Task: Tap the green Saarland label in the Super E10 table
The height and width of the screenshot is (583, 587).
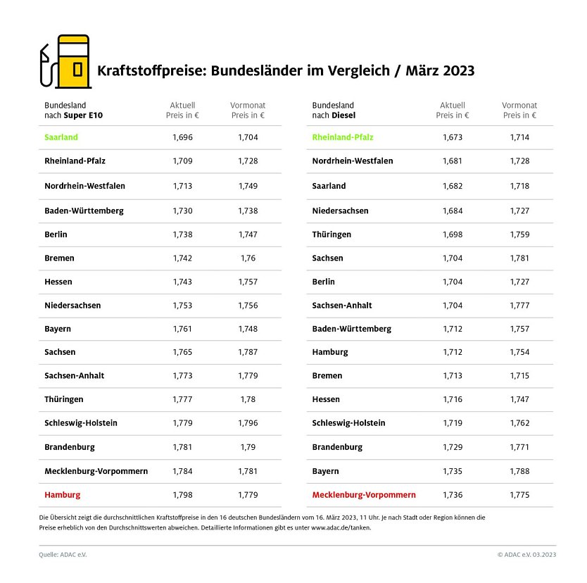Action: [x=61, y=137]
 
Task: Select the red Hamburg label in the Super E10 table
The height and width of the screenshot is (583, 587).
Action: [x=62, y=495]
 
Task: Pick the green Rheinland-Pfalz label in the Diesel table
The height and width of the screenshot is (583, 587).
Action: [x=343, y=137]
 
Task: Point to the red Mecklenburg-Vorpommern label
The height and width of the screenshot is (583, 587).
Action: [x=364, y=495]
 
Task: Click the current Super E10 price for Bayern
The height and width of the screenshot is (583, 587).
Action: [x=182, y=329]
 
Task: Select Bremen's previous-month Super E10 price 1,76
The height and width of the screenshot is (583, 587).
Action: [x=248, y=258]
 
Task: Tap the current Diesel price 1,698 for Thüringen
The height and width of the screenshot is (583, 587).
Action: [x=453, y=234]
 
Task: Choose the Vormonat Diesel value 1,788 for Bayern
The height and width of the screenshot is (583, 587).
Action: [x=519, y=471]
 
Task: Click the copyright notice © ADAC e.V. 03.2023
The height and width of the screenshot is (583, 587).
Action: [x=526, y=555]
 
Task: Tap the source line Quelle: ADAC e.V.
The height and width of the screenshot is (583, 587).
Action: [x=63, y=555]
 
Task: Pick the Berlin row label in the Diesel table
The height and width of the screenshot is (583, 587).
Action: [x=324, y=282]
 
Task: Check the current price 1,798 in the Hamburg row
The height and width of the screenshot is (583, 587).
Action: [x=182, y=495]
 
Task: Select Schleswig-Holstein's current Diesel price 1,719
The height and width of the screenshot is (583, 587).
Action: [x=453, y=423]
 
